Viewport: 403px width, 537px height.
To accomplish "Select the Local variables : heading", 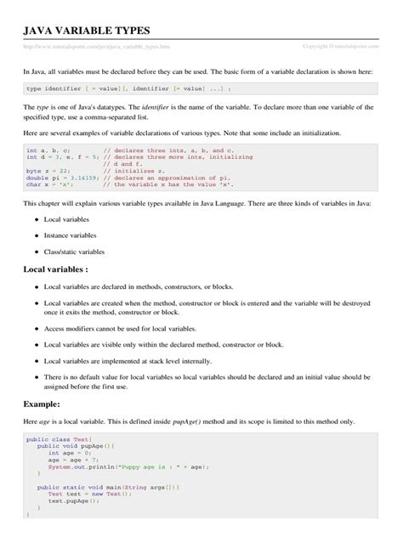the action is click(x=57, y=270).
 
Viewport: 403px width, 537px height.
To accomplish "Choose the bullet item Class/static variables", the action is click(x=75, y=252).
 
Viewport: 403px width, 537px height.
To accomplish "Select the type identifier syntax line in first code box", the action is click(x=128, y=88).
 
